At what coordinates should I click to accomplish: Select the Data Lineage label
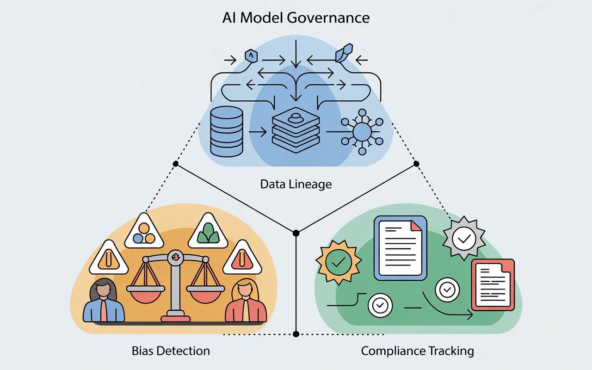point(296,184)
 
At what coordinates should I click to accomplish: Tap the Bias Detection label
point(170,351)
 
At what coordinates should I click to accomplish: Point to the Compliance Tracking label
point(417,351)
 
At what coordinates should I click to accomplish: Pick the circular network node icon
point(361,132)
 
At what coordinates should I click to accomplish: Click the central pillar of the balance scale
point(175,287)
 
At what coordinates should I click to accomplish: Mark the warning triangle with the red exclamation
point(240,258)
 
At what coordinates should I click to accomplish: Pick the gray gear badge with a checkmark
point(463,238)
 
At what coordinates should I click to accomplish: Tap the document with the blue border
point(401,248)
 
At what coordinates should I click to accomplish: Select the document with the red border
point(493,284)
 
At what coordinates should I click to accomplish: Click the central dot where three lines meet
point(296,233)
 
